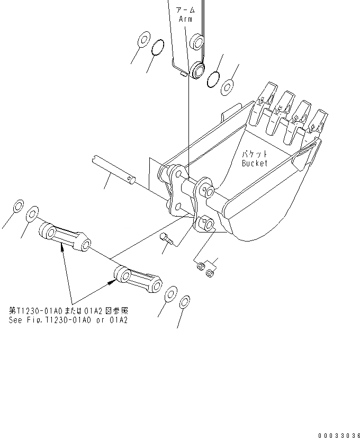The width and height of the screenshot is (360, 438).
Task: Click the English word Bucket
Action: (x=255, y=163)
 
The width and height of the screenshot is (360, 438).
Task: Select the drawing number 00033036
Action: (x=339, y=435)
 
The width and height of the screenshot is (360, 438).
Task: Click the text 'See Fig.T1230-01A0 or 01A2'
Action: (x=68, y=320)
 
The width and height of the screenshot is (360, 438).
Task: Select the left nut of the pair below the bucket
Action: (x=200, y=266)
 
